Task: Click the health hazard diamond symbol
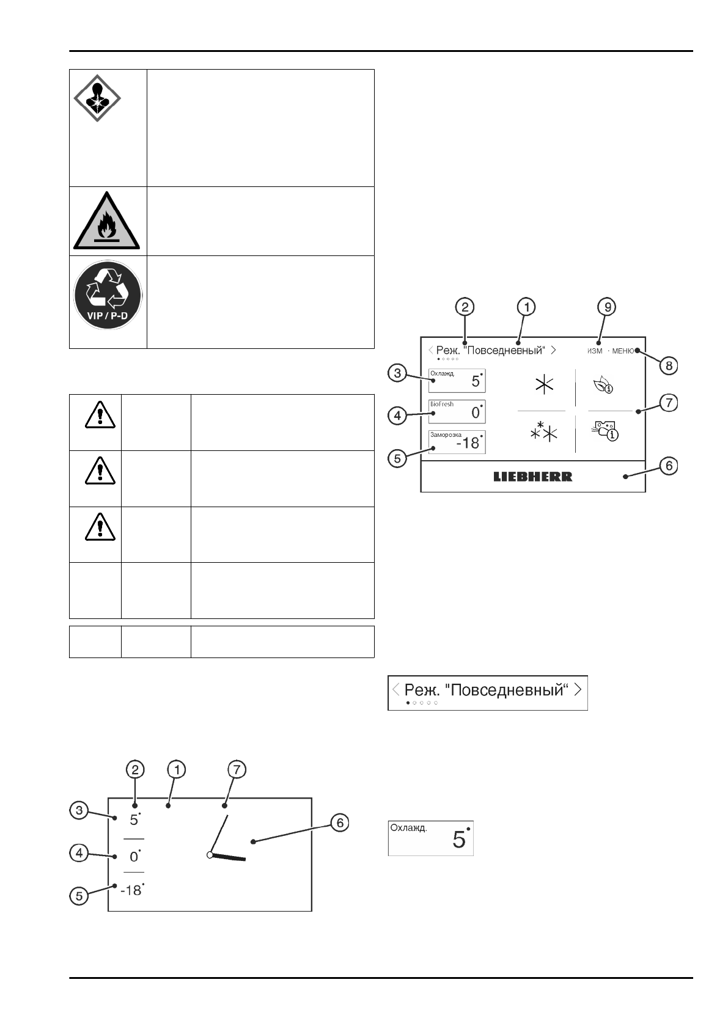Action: pos(97,98)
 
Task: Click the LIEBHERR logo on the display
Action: pos(532,477)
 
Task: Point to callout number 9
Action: pos(606,307)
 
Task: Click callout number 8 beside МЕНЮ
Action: pos(669,365)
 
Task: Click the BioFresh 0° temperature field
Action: pos(457,411)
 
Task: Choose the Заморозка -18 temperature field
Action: pos(457,441)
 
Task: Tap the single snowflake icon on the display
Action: pos(543,385)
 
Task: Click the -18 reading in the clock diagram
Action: pos(131,890)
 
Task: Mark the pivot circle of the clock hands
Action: pos(210,855)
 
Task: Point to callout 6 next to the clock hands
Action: pos(339,822)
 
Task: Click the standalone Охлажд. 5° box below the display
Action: pos(431,838)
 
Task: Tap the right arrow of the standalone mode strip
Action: pos(578,689)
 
